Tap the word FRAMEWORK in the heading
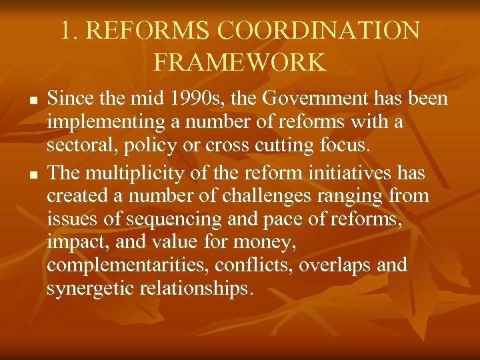click(x=240, y=62)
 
